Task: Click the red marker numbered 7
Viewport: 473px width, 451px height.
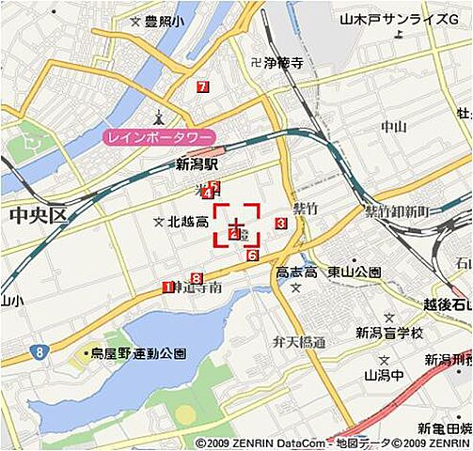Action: [203, 87]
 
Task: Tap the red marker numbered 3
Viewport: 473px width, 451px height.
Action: [280, 223]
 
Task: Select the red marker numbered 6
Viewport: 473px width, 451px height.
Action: [253, 256]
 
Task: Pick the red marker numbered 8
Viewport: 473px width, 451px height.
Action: [196, 277]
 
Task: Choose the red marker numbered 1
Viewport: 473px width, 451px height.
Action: [167, 288]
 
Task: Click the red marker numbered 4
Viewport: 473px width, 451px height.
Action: [207, 194]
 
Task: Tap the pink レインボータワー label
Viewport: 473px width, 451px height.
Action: [158, 137]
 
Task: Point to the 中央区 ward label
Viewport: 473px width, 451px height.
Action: [39, 215]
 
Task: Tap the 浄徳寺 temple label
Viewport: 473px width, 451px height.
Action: [281, 64]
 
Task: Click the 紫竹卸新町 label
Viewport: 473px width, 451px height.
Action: [396, 211]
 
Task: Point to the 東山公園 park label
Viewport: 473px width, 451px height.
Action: [354, 272]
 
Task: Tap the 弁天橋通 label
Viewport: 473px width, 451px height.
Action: [298, 342]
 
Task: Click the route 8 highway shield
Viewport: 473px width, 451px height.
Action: [39, 351]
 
